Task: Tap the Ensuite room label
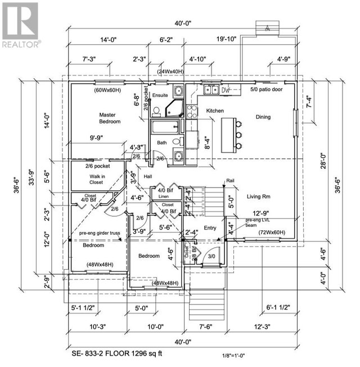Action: pyautogui.click(x=160, y=95)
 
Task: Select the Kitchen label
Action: pyautogui.click(x=215, y=111)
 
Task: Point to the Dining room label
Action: pyautogui.click(x=263, y=117)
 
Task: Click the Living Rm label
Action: pyautogui.click(x=259, y=196)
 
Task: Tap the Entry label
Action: pyautogui.click(x=210, y=227)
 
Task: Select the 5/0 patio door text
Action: pyautogui.click(x=266, y=89)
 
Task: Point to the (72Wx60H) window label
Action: pyautogui.click(x=272, y=232)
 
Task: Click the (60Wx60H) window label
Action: pyautogui.click(x=109, y=89)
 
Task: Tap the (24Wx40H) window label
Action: pyautogui.click(x=171, y=71)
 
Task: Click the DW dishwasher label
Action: pyautogui.click(x=226, y=89)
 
